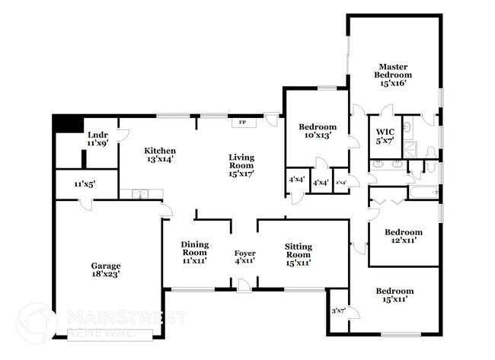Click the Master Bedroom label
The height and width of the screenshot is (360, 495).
click(392, 75)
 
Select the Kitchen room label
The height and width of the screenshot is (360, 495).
click(161, 155)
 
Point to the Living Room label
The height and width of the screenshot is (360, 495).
click(241, 165)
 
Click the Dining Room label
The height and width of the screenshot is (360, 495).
click(194, 252)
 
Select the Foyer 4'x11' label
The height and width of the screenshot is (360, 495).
click(244, 256)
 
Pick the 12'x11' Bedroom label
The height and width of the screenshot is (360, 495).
click(403, 236)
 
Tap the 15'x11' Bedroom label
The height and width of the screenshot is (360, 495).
click(394, 295)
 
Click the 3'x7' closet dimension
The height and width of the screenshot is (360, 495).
click(338, 311)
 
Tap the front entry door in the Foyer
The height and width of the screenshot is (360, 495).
click(243, 285)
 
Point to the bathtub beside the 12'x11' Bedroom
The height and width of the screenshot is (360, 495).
click(423, 193)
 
